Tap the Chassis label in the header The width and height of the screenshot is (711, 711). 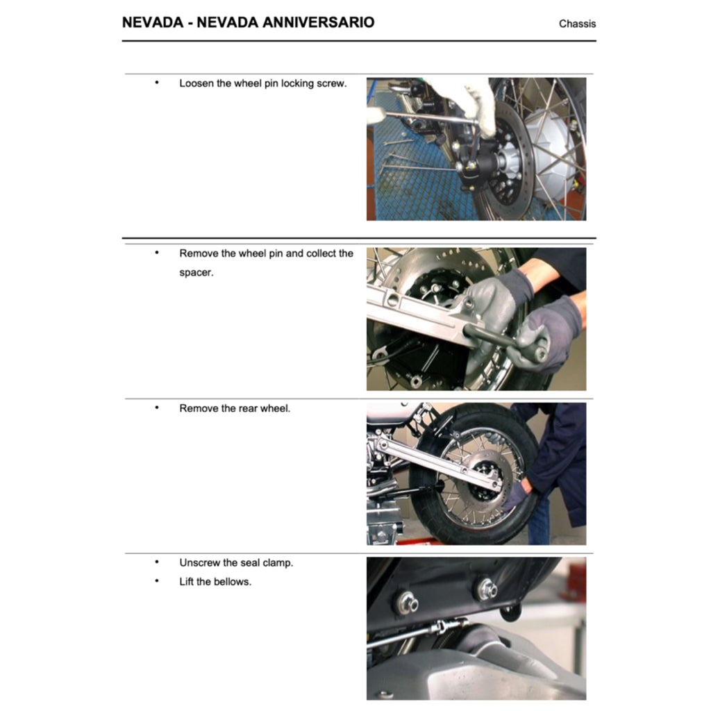point(577,24)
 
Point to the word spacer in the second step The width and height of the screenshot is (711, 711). point(196,273)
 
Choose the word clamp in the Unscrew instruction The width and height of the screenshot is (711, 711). point(278,563)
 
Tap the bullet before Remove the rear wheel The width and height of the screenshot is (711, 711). point(157,408)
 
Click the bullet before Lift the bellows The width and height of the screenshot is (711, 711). point(157,581)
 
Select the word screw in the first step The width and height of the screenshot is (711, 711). point(331,83)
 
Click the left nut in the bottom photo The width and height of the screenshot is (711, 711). point(406,603)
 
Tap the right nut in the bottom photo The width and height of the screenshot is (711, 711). point(485,589)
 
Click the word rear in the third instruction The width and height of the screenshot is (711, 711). point(247,408)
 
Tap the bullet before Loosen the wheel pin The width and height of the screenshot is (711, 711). point(157,83)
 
